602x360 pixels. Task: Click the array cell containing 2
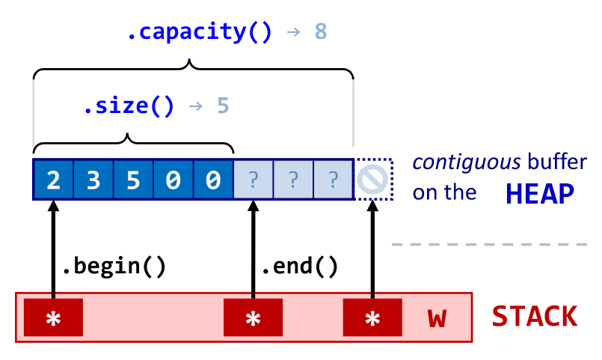coord(53,180)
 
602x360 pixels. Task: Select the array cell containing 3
coord(93,180)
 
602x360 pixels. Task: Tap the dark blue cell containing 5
coord(133,180)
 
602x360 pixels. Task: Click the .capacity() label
coord(199,33)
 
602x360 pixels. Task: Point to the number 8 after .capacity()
coord(321,33)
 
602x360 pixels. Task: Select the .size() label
coord(128,106)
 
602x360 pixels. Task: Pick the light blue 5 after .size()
coord(223,106)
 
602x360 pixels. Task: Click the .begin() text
coord(113,265)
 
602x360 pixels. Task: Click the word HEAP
coord(540,195)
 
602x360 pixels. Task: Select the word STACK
coord(535,317)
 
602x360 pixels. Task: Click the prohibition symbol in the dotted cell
coord(372,180)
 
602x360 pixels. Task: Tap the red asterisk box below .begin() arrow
coord(53,317)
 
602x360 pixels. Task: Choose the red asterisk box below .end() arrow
coord(254,317)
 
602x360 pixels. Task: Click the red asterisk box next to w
coord(372,317)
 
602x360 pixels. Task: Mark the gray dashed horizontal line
coord(490,244)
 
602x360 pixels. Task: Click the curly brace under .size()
coord(133,142)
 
